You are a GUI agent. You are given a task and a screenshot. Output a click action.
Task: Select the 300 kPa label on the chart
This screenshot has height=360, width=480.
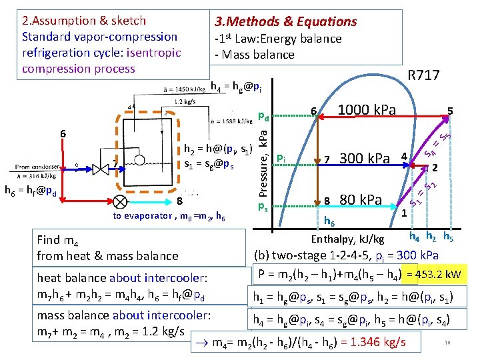(x=364, y=159)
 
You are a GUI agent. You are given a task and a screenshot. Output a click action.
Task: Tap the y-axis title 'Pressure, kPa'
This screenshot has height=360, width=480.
(x=264, y=160)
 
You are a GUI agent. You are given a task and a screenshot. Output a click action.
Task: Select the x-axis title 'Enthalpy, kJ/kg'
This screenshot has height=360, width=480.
(x=348, y=239)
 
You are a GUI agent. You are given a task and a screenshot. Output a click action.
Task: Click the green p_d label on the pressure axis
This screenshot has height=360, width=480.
(x=263, y=117)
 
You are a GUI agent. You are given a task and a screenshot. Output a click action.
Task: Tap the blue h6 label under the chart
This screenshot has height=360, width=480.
(x=329, y=221)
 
